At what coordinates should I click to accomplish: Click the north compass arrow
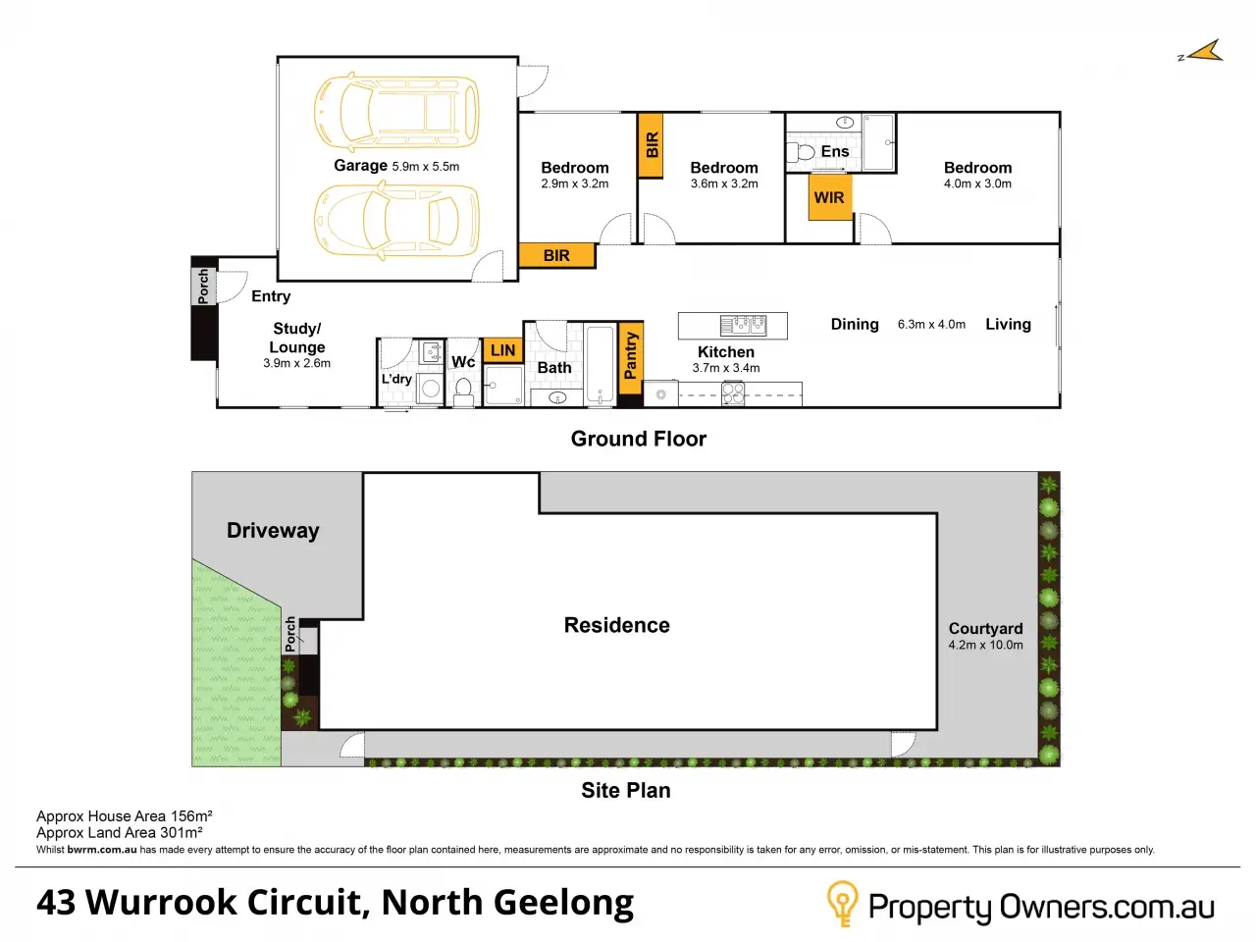tap(1204, 52)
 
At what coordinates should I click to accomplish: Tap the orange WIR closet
tap(829, 197)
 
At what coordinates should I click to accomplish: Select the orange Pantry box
tap(631, 355)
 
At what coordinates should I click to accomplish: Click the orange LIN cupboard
tap(502, 350)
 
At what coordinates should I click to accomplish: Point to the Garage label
tap(360, 166)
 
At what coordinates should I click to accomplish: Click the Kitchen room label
tap(726, 351)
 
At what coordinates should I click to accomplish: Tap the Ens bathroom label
tap(835, 151)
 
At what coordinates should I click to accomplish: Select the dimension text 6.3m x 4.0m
tap(931, 325)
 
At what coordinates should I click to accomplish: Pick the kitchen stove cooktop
tap(733, 393)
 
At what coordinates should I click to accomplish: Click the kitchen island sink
tap(743, 325)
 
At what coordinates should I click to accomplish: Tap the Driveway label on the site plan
tap(273, 531)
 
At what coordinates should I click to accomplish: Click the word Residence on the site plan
tap(616, 626)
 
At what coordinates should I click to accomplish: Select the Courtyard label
tap(985, 629)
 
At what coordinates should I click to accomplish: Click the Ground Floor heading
tap(639, 439)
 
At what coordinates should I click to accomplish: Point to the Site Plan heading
tap(626, 791)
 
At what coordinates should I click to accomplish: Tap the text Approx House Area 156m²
tap(125, 816)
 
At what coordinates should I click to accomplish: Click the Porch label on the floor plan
tap(204, 286)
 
